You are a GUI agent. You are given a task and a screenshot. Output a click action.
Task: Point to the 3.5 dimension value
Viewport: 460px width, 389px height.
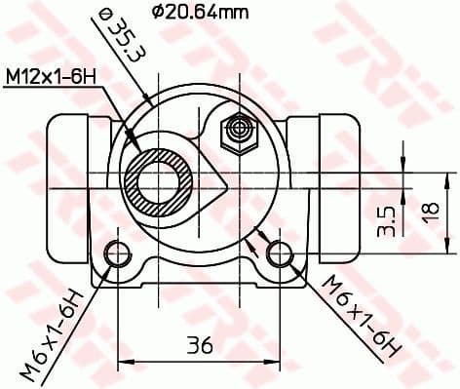(x=387, y=221)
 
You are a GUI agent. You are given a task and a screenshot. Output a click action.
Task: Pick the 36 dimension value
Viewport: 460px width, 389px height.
(x=199, y=344)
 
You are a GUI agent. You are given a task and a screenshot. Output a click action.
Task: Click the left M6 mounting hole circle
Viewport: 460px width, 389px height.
(x=117, y=253)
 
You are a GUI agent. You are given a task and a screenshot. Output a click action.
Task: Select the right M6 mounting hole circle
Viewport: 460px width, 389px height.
(x=280, y=253)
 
